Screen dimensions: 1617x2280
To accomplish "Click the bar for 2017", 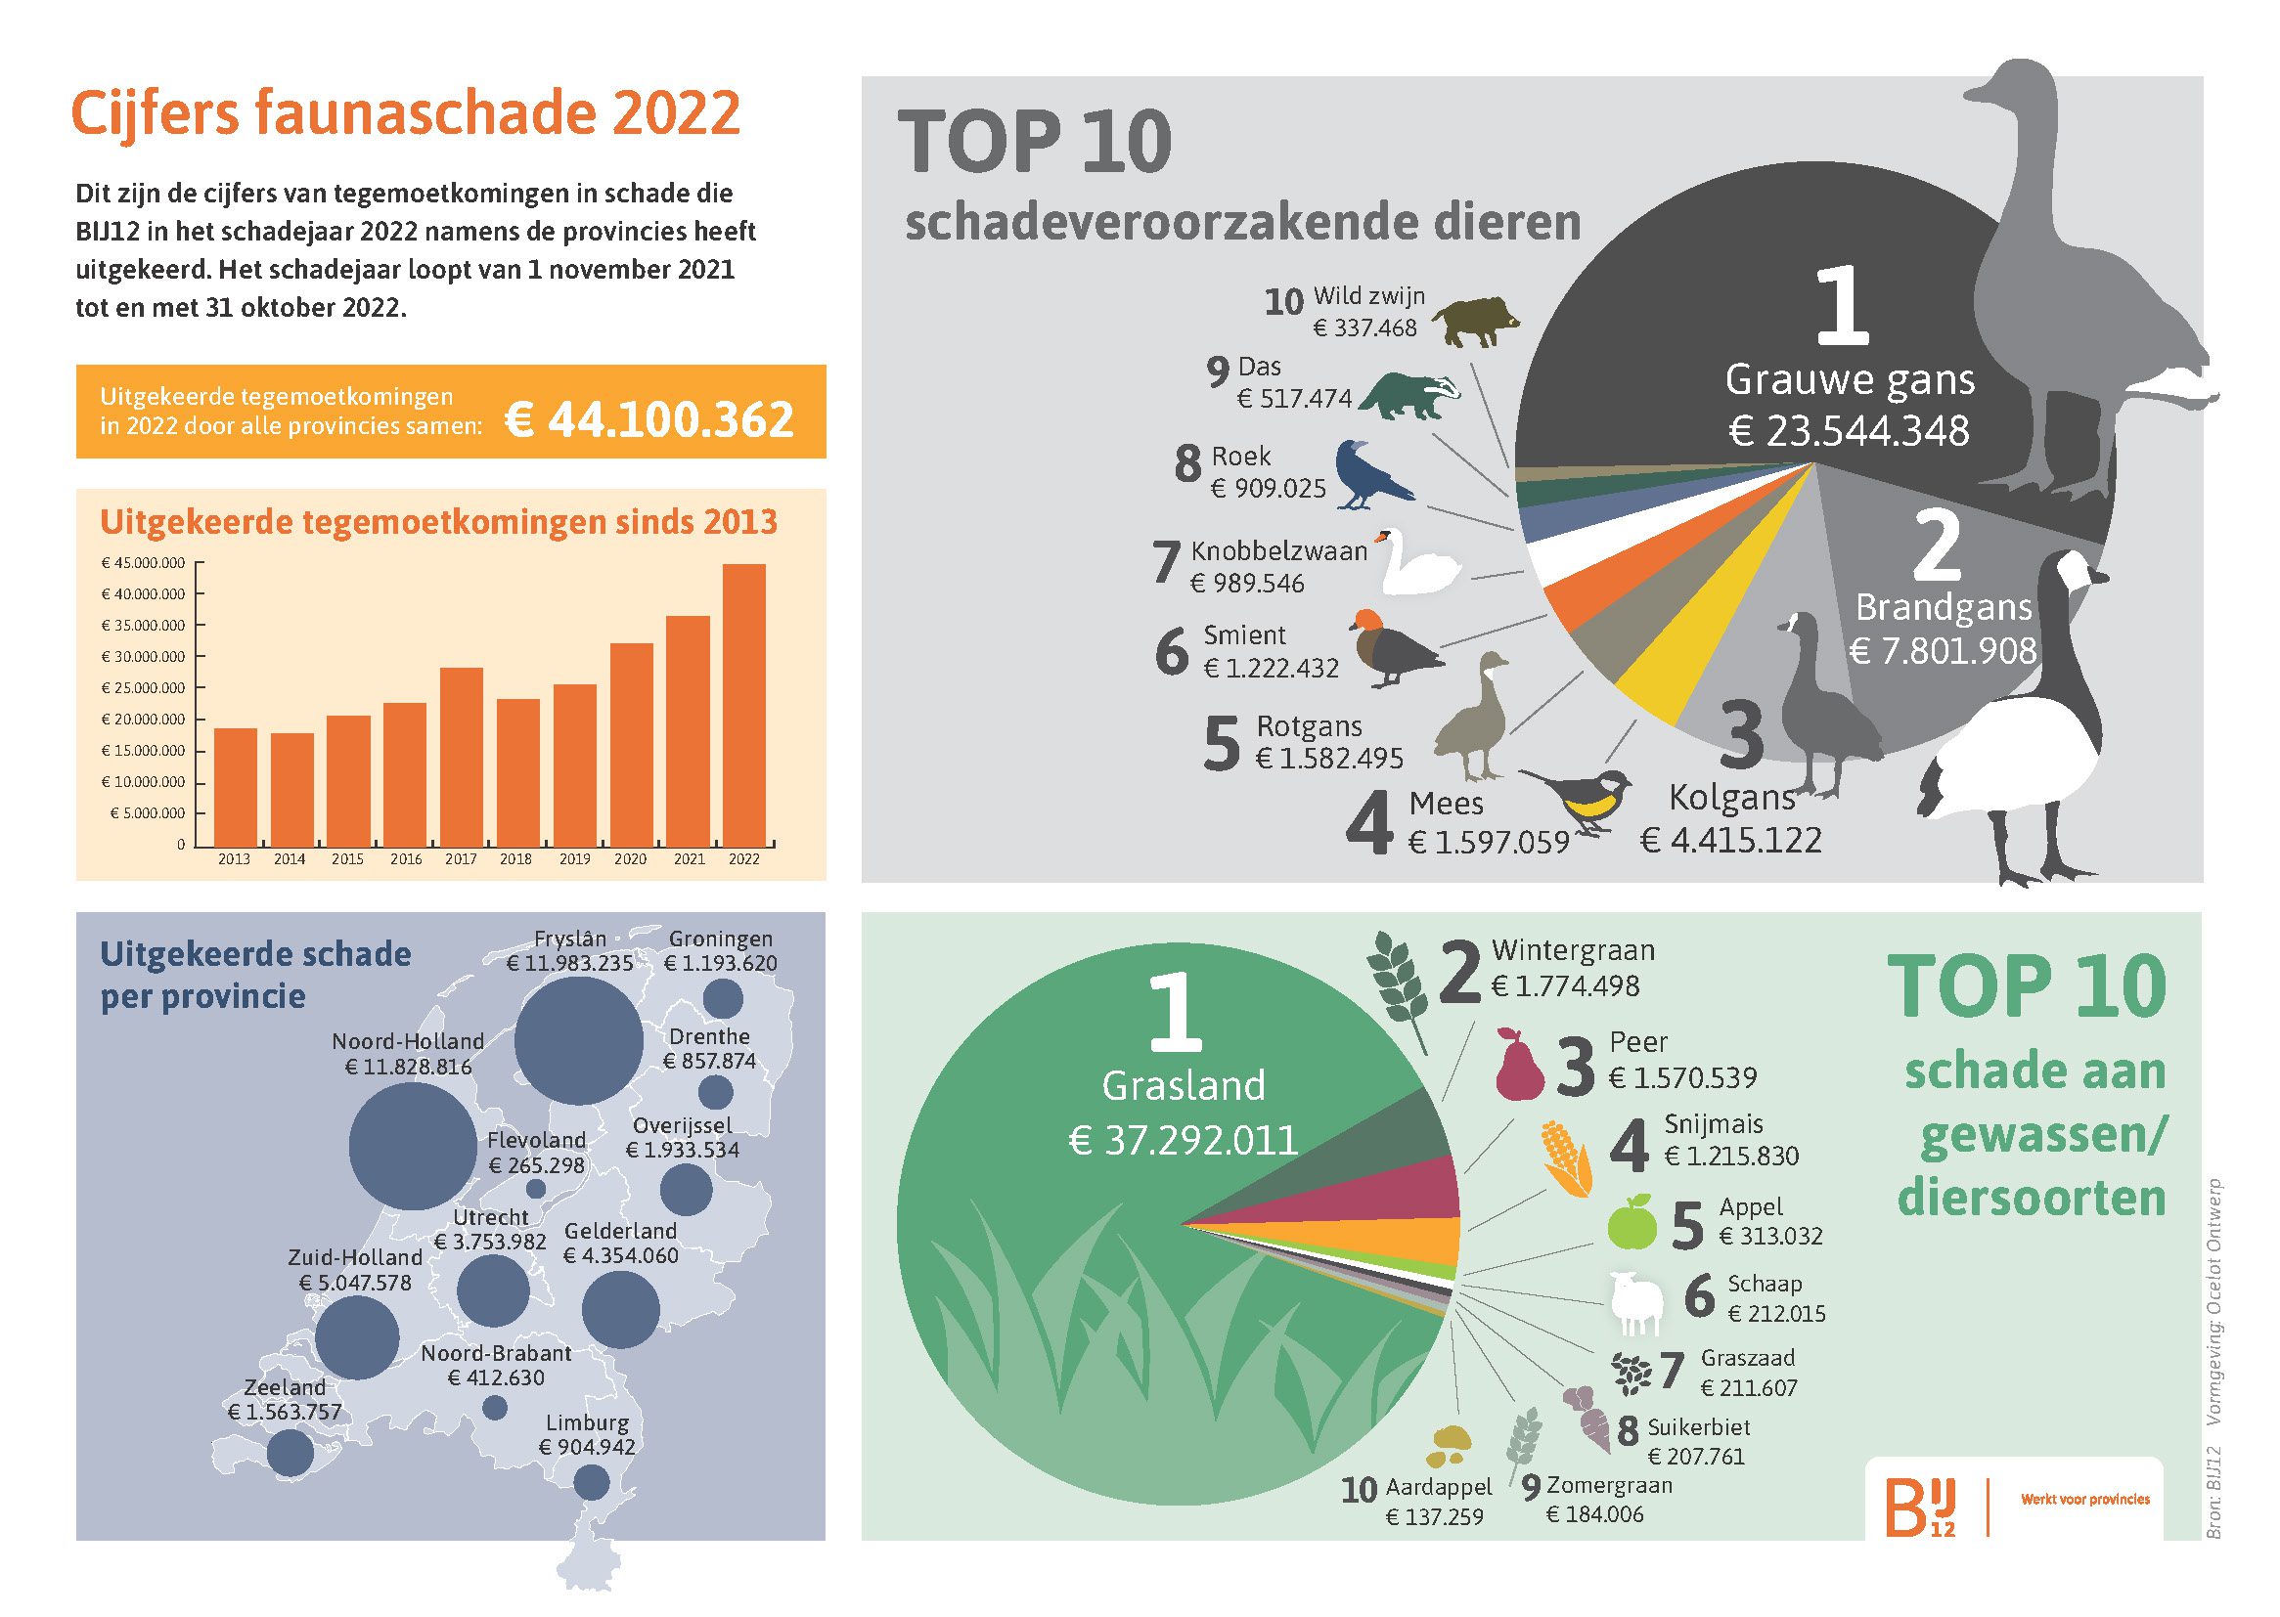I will [x=461, y=757].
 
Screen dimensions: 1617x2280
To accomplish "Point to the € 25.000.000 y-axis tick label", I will [x=144, y=688].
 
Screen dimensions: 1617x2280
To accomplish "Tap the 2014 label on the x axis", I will [x=290, y=859].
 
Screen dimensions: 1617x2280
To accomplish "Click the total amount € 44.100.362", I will [x=649, y=419].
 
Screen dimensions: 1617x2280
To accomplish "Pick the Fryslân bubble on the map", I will [x=579, y=1040].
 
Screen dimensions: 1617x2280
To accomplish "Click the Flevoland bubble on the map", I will [x=536, y=1189].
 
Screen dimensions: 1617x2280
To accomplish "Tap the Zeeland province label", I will [x=285, y=1387].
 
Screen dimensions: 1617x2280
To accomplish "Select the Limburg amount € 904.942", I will [x=587, y=1447].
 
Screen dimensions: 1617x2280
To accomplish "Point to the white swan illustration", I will [x=1419, y=562].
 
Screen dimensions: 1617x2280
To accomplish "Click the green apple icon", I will [x=1632, y=1224].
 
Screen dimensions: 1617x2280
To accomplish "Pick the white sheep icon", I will [x=1636, y=1302].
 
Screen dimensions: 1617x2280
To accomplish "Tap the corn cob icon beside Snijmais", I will [x=1566, y=1160].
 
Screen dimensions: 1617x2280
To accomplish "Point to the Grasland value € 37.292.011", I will [x=1184, y=1140].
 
